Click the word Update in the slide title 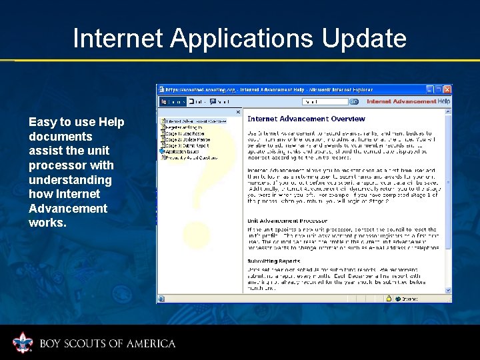click(x=364, y=38)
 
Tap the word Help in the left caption click(x=111, y=122)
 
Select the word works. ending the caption click(x=47, y=223)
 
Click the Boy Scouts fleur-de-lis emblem click(x=23, y=343)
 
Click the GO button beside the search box click(x=354, y=101)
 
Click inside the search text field click(x=325, y=101)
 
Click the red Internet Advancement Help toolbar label click(x=408, y=101)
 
